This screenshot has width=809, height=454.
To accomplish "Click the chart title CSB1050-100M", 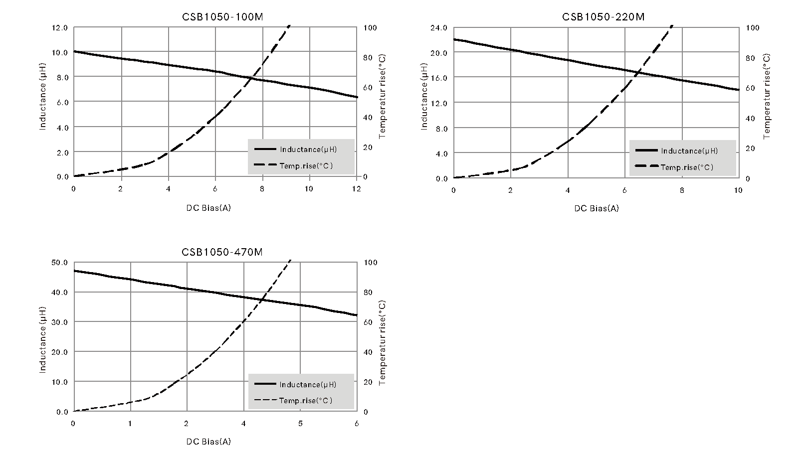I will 222,17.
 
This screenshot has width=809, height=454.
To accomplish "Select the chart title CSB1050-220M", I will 603,17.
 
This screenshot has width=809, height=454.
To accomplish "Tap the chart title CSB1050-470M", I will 222,252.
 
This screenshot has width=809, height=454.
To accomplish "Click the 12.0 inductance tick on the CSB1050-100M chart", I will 59,28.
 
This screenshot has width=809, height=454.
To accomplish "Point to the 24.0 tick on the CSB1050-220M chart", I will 439,28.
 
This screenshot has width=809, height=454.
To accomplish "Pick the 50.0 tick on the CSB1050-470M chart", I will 59,263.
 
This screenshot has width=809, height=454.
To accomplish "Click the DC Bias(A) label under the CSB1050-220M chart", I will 596,208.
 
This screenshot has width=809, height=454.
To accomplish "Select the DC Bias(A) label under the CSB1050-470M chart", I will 208,442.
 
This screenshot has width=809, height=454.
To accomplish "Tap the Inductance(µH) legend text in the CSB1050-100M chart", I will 308,150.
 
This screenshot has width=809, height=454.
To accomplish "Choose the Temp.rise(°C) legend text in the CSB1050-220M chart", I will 687,167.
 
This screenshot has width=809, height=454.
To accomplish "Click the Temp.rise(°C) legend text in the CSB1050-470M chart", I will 305,401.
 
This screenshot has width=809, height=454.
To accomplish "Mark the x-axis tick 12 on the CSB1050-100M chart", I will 356,189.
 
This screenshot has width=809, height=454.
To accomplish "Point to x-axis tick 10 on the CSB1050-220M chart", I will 738,190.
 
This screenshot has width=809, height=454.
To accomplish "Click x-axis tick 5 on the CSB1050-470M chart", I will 300,424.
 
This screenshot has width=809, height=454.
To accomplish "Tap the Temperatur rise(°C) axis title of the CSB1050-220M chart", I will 767,96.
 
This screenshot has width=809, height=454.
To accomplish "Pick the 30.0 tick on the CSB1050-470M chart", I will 59,322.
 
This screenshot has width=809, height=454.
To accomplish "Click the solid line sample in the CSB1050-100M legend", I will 265,149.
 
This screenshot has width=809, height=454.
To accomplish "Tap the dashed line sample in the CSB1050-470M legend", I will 265,400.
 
